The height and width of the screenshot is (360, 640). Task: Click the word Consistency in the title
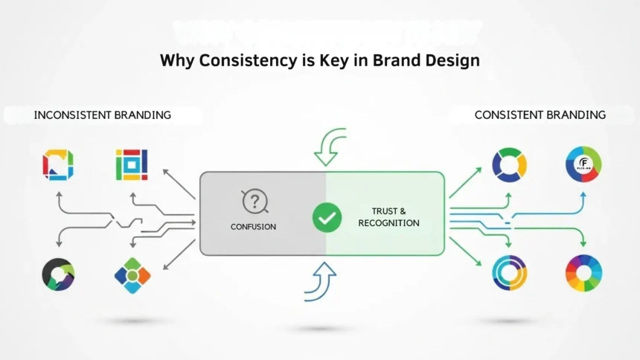click(x=243, y=61)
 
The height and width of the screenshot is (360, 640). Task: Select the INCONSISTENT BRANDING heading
click(x=103, y=115)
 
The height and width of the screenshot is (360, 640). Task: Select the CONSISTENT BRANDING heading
click(x=540, y=115)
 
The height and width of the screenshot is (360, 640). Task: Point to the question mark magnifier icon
click(x=255, y=201)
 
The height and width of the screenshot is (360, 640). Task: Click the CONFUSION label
click(x=254, y=227)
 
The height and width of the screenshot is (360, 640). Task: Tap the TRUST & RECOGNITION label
click(x=388, y=217)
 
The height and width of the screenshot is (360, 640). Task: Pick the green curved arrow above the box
click(x=330, y=146)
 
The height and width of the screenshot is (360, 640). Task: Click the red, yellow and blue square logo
click(x=57, y=164)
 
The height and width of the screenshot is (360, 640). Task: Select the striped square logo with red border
click(x=132, y=164)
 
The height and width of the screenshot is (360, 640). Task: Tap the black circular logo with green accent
click(x=57, y=274)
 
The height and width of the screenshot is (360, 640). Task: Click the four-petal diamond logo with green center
click(x=132, y=275)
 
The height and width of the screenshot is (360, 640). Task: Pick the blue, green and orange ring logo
click(x=510, y=164)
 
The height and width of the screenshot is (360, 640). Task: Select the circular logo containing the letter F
click(x=583, y=164)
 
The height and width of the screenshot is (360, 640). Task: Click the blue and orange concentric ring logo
click(x=510, y=273)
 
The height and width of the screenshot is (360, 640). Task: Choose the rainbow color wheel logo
click(x=583, y=273)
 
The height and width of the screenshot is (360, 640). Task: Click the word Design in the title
click(x=452, y=61)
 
